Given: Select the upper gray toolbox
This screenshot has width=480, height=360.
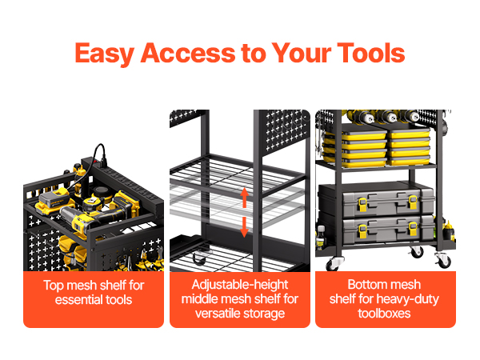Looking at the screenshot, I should click(x=376, y=203).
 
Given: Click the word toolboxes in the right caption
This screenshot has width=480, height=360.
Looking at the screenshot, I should click(x=385, y=314).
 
